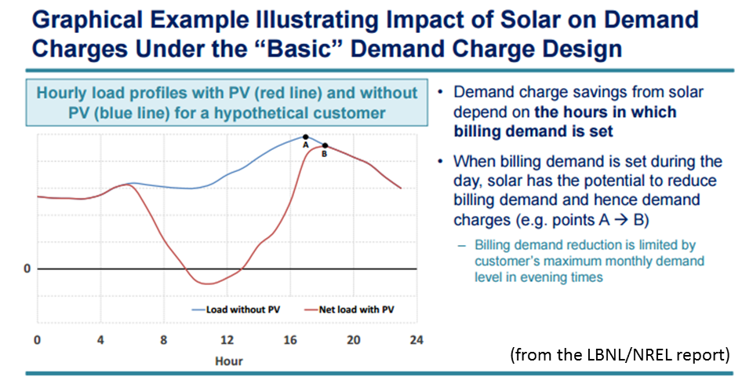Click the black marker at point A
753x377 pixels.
click(305, 137)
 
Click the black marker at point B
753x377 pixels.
click(324, 146)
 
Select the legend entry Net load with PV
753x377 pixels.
click(355, 309)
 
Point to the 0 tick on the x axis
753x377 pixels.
click(37, 340)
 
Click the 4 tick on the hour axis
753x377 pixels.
click(100, 340)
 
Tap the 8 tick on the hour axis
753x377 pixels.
click(163, 340)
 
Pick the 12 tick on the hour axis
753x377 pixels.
click(227, 340)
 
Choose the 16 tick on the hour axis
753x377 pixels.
click(290, 340)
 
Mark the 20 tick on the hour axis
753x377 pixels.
click(354, 340)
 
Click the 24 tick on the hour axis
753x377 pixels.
click(417, 340)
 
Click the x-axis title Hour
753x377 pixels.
click(228, 361)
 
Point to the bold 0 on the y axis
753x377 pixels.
click(26, 269)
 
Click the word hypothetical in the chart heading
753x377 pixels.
click(298, 113)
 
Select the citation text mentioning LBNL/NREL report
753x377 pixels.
click(620, 354)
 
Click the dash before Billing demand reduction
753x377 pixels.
click(462, 246)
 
